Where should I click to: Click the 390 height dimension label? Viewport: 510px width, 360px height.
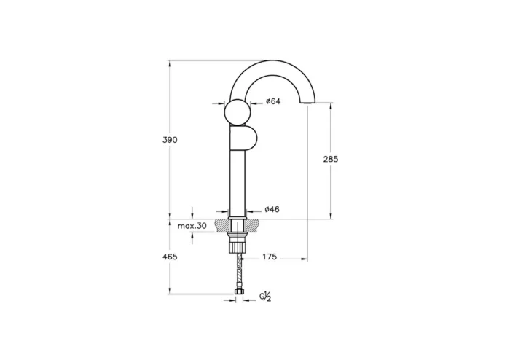(x=170, y=139)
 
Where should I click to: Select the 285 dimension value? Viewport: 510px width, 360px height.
(x=330, y=158)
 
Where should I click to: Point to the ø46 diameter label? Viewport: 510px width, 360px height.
(x=272, y=209)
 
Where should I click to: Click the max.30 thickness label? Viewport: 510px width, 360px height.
(x=192, y=226)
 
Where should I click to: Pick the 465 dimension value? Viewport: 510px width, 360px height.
(x=170, y=257)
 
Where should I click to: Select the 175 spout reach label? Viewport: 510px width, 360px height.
(x=270, y=257)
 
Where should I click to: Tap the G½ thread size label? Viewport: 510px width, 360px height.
(x=266, y=297)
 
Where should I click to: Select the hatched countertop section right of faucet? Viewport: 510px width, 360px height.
(x=254, y=226)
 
